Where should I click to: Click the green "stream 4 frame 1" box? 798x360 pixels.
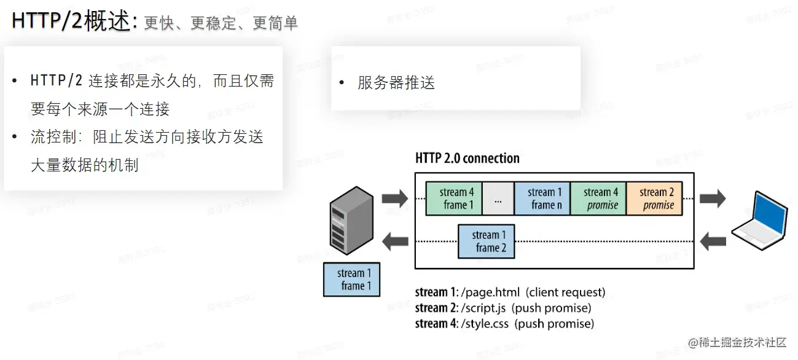click(x=454, y=198)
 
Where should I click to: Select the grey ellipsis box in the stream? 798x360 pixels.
click(x=498, y=198)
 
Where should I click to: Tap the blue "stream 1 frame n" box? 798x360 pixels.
click(x=542, y=198)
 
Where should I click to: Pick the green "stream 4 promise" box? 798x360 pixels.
click(x=598, y=198)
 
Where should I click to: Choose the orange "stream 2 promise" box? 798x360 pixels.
click(x=654, y=198)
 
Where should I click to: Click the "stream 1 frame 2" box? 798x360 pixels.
click(x=487, y=241)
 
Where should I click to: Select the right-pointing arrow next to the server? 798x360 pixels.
click(x=394, y=198)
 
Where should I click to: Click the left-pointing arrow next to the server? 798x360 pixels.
click(x=394, y=241)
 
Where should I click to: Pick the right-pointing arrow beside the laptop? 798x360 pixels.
click(x=712, y=198)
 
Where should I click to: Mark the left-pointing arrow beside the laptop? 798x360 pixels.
click(x=712, y=241)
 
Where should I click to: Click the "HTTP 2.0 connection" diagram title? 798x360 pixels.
click(x=467, y=158)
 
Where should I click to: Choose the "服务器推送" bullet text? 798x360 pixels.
click(x=396, y=83)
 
